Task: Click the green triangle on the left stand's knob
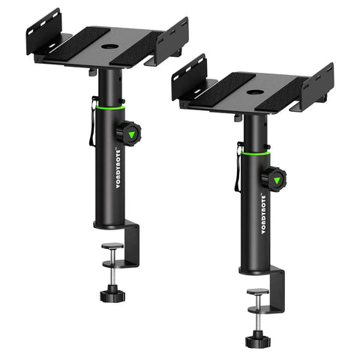pyautogui.click(x=131, y=135)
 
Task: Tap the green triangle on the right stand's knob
pyautogui.click(x=277, y=181)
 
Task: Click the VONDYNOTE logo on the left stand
pyautogui.click(x=118, y=169)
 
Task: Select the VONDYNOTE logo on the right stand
pyautogui.click(x=263, y=214)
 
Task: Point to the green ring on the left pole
pyautogui.click(x=110, y=108)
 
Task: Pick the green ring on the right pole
pyautogui.click(x=255, y=153)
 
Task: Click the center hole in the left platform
pyautogui.click(x=109, y=46)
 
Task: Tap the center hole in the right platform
pyautogui.click(x=253, y=92)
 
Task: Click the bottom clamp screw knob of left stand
pyautogui.click(x=112, y=293)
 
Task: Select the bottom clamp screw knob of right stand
pyautogui.click(x=258, y=339)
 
